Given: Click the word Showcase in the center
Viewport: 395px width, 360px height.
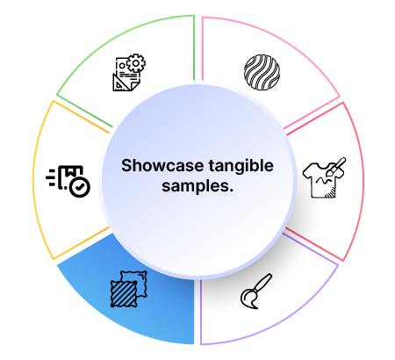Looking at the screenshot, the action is pos(162,166).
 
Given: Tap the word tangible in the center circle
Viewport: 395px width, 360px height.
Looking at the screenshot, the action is pos(241,166).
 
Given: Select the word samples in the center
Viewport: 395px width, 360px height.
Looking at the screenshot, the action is pos(195,186).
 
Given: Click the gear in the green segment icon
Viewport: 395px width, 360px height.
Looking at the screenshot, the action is pos(136,63).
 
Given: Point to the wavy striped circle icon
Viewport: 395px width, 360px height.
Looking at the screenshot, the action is pos(262,72).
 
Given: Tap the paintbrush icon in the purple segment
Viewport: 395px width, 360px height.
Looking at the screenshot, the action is pos(256,292).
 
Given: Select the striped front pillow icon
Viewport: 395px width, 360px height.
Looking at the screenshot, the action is pos(124,293).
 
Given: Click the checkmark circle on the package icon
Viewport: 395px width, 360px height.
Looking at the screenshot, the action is pos(80,187).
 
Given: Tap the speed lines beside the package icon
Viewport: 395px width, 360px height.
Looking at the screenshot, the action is pos(51,177).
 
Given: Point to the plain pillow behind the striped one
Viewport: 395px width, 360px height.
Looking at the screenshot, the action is pos(137,282).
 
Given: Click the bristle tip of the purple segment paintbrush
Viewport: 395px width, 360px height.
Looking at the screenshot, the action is pos(248,299).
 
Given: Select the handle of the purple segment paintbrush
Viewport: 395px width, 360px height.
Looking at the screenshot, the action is pos(263,282).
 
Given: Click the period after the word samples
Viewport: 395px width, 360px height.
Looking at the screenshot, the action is pos(231,191).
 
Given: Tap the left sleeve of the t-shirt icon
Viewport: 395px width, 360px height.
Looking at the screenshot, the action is pos(307,171).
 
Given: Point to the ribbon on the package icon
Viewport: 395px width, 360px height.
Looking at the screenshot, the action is pos(69,171).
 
